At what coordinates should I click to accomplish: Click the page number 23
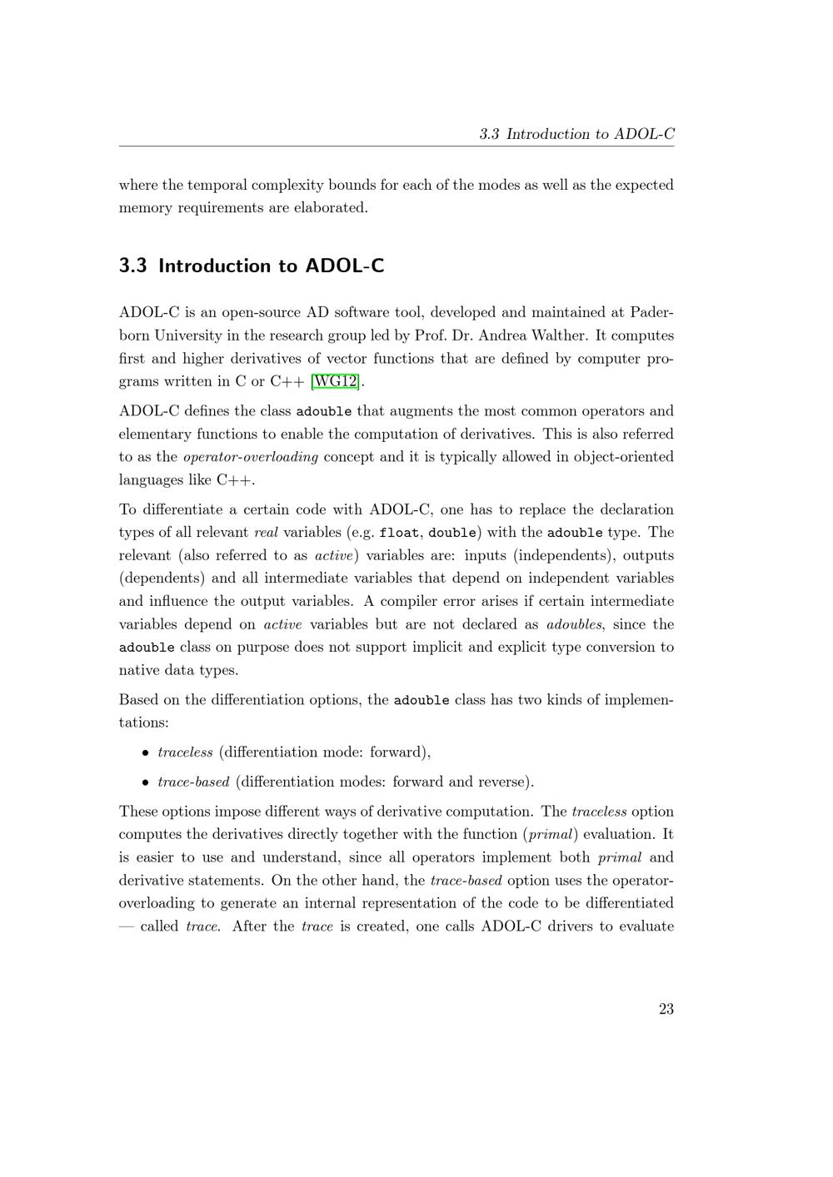tap(666, 1009)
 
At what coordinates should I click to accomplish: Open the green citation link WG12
tap(334, 382)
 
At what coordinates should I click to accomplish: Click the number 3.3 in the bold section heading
tap(133, 266)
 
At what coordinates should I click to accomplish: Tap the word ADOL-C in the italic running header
tap(643, 134)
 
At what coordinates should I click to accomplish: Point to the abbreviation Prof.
tap(429, 335)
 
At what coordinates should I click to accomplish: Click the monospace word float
tap(399, 533)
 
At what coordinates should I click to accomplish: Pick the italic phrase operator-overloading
tap(250, 457)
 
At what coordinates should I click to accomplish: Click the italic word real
tap(265, 533)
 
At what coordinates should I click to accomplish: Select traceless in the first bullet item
tap(185, 752)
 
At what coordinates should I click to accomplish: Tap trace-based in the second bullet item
tap(193, 782)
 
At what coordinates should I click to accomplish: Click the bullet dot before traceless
tap(145, 753)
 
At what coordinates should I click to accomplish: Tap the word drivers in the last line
tap(570, 926)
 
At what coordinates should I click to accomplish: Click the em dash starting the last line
tap(126, 926)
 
